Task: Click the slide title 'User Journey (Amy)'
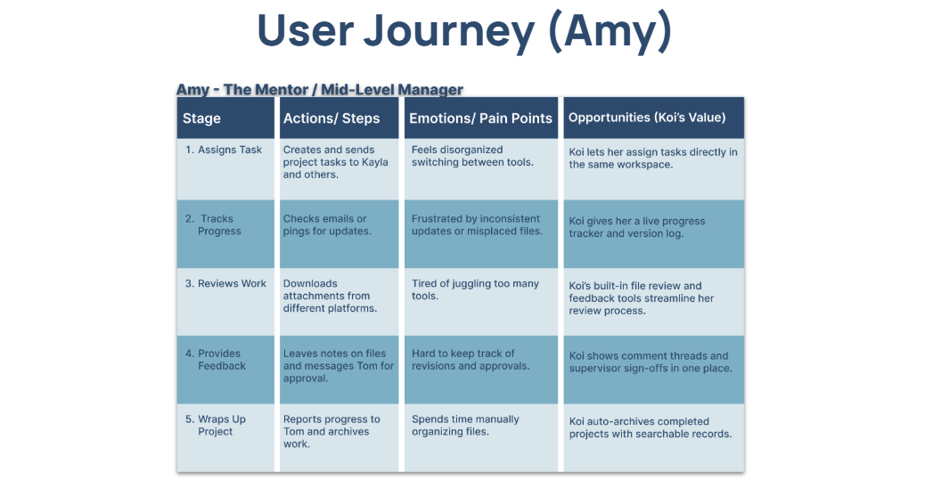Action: (x=464, y=32)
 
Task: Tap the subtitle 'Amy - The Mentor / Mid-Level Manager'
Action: (x=320, y=89)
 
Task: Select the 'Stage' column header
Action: (x=202, y=118)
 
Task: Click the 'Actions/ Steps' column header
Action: (x=331, y=118)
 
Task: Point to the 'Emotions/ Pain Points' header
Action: (x=480, y=118)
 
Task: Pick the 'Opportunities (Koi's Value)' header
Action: (x=647, y=118)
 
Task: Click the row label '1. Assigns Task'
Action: (x=224, y=150)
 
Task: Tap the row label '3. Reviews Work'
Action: (x=225, y=283)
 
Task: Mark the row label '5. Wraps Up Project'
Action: (x=216, y=426)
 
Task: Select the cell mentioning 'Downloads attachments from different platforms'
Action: (x=330, y=296)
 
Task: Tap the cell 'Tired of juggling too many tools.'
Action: (x=475, y=289)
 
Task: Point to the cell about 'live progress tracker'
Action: (x=637, y=227)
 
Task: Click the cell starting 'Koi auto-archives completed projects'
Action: (x=651, y=427)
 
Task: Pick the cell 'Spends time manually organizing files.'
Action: (x=465, y=426)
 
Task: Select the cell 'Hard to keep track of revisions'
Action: (x=471, y=360)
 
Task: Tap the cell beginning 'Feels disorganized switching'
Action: (x=472, y=156)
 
